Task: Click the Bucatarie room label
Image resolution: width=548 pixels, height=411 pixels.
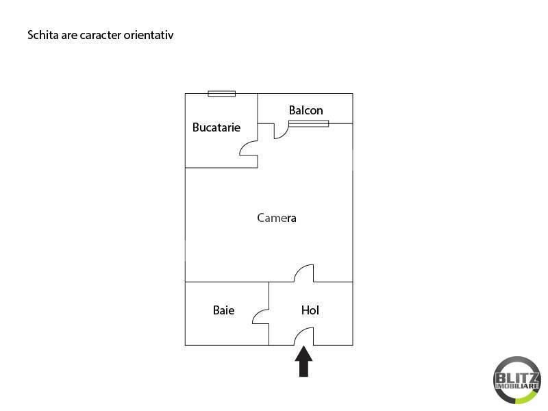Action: pyautogui.click(x=216, y=127)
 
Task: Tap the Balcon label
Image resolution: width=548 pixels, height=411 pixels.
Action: pyautogui.click(x=306, y=110)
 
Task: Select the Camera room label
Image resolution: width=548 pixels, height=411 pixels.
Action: pyautogui.click(x=277, y=219)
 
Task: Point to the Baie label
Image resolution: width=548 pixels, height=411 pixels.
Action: pyautogui.click(x=223, y=310)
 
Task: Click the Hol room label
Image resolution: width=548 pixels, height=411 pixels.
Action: pyautogui.click(x=310, y=310)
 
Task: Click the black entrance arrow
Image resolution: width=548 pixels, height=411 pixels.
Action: pyautogui.click(x=304, y=362)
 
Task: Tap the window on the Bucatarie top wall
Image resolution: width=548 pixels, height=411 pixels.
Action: pyautogui.click(x=222, y=94)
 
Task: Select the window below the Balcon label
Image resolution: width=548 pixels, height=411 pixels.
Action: pyautogui.click(x=308, y=124)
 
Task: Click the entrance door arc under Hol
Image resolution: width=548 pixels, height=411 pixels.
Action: pyautogui.click(x=304, y=336)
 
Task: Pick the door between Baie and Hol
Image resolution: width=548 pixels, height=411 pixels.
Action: pyautogui.click(x=261, y=315)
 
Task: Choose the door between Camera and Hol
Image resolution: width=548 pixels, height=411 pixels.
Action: pyautogui.click(x=304, y=273)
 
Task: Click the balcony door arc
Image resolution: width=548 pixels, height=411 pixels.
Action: pyautogui.click(x=280, y=131)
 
